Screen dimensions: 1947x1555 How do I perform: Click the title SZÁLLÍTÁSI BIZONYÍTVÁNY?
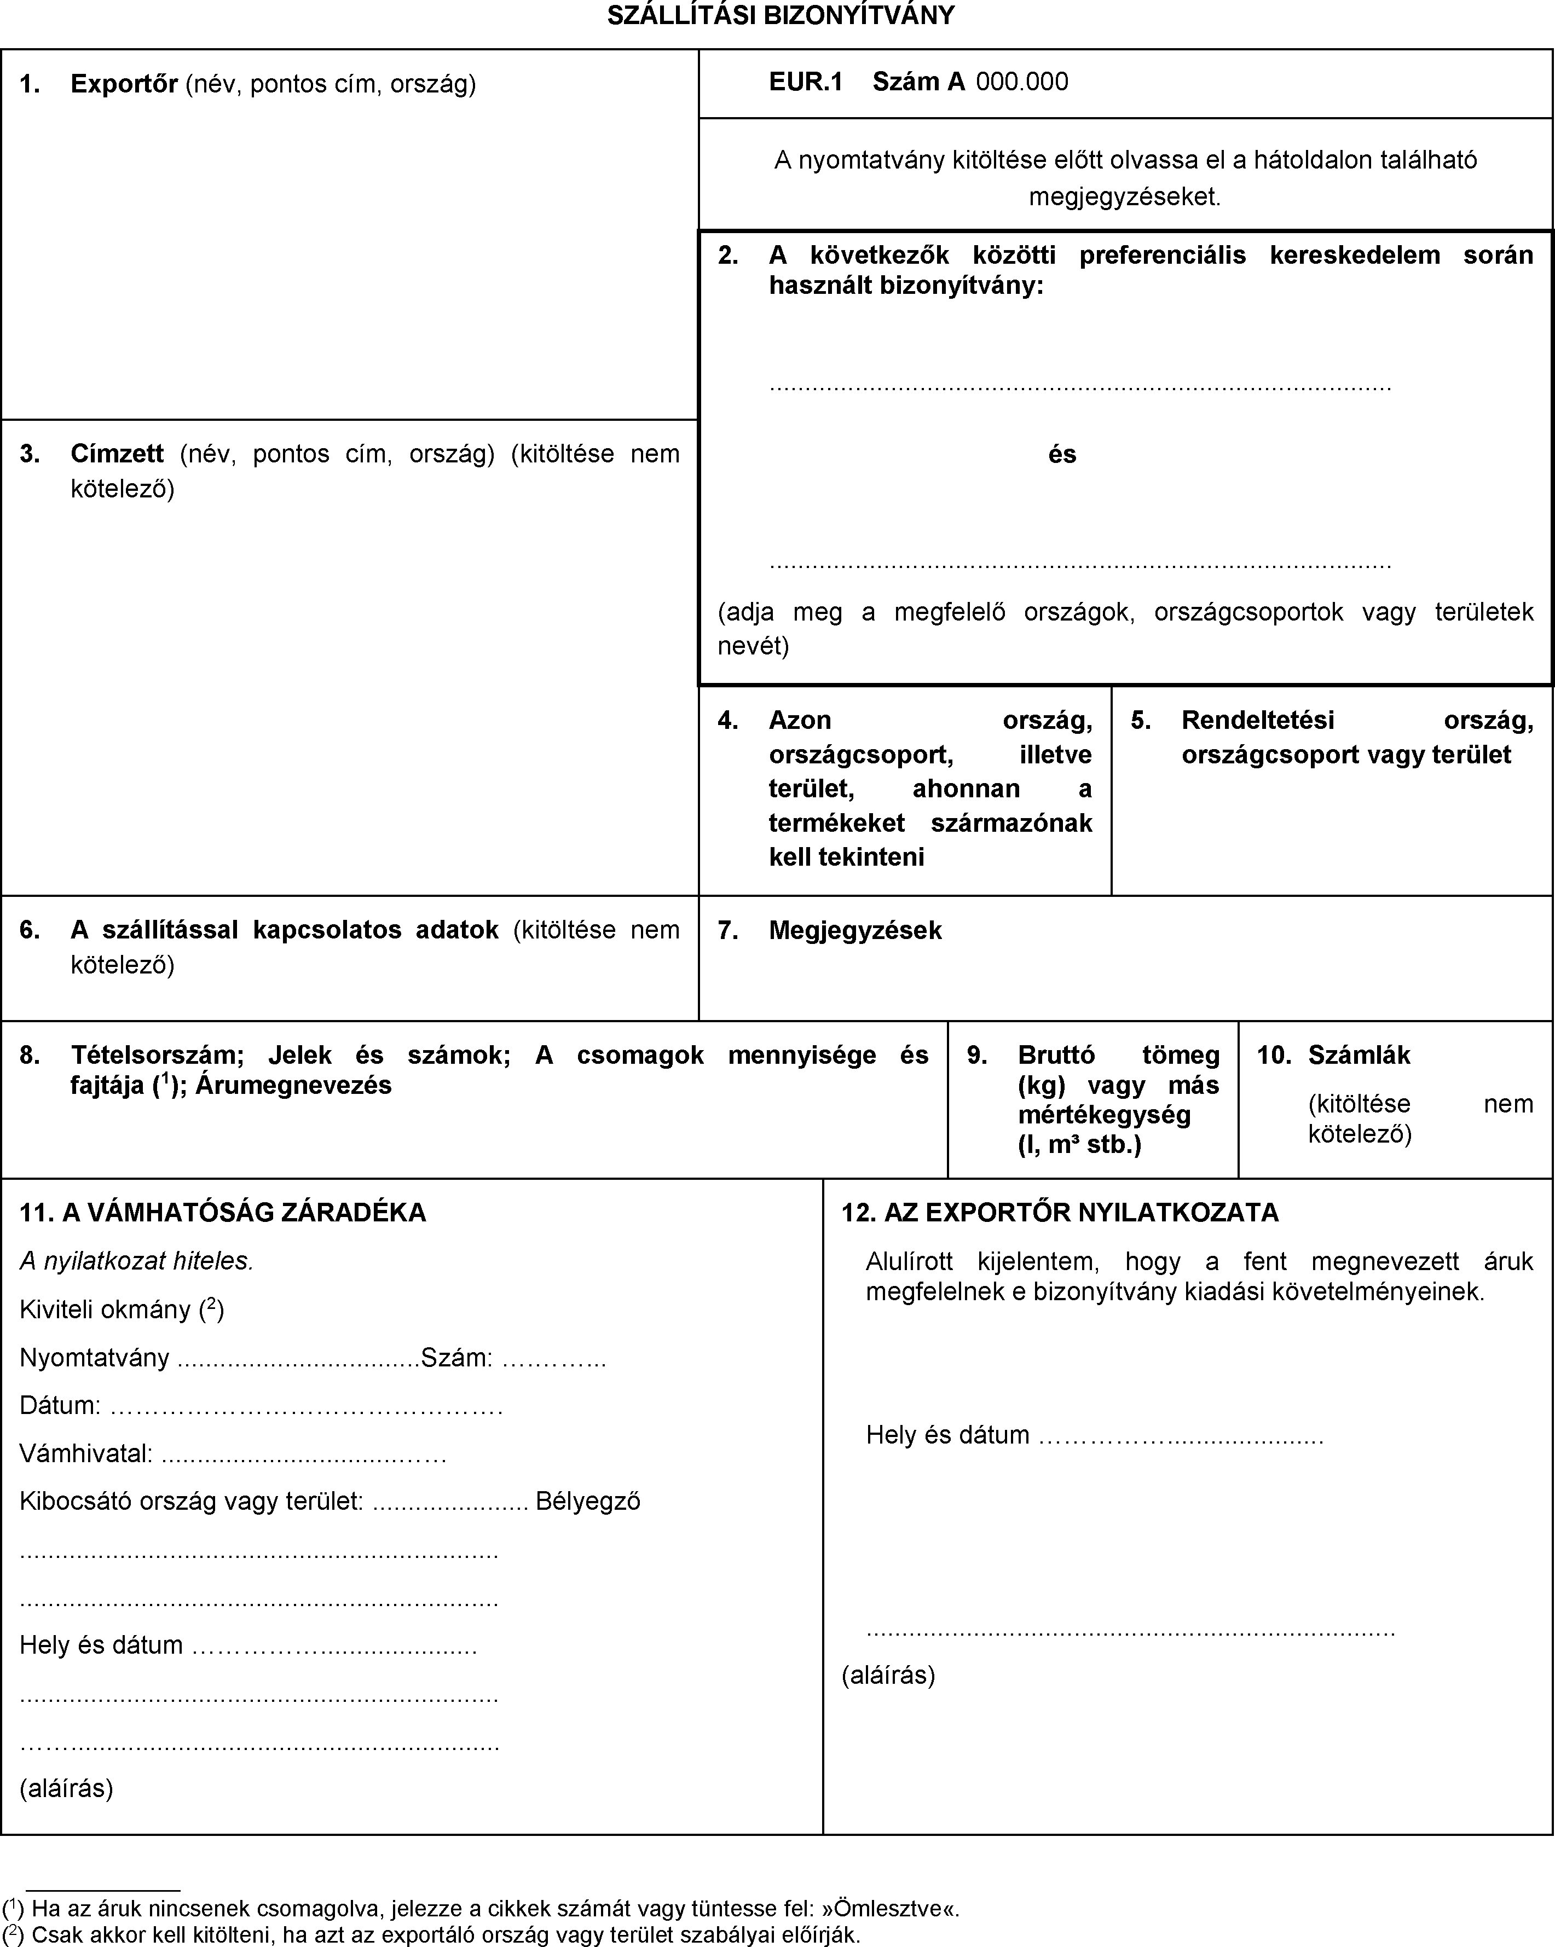click(780, 15)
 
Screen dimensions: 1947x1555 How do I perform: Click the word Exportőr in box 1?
click(124, 84)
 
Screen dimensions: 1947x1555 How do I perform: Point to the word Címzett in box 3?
click(117, 453)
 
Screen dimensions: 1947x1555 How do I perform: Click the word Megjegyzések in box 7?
click(854, 930)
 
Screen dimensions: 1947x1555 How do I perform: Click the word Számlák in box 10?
click(1359, 1055)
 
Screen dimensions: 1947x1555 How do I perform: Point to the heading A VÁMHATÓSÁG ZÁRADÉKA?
click(244, 1212)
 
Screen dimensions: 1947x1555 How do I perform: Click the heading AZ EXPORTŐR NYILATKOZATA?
click(1081, 1212)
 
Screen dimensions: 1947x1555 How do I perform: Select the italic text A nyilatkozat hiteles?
click(136, 1261)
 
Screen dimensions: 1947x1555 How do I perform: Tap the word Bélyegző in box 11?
click(588, 1501)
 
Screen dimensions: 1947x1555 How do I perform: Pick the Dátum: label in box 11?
click(60, 1405)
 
